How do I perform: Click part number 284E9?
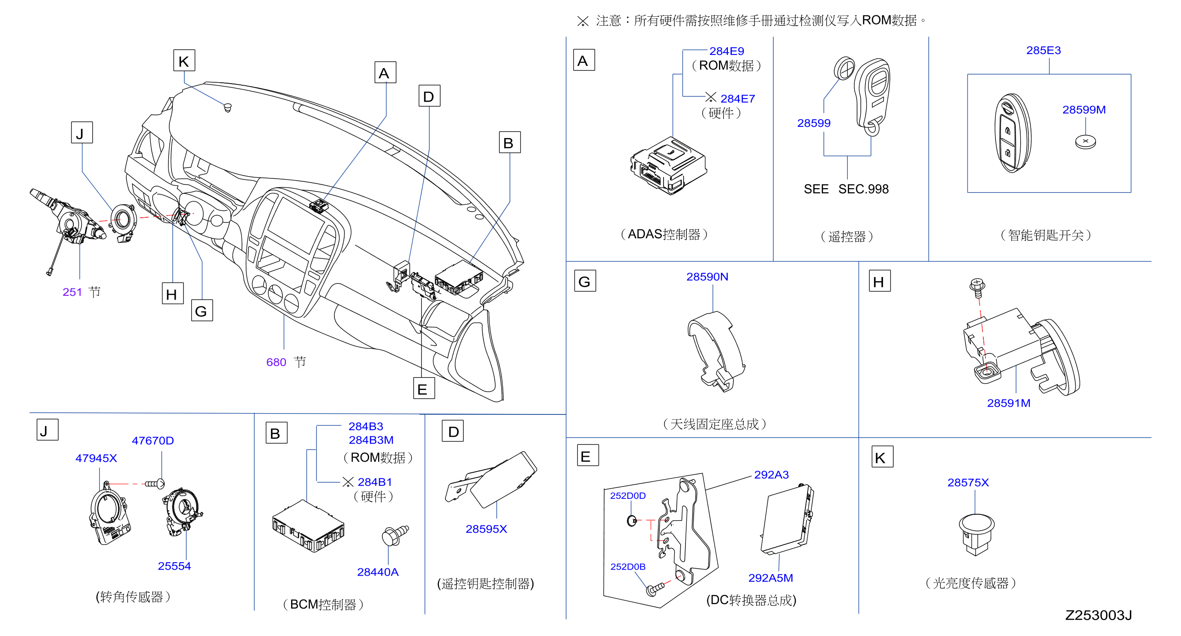[727, 51]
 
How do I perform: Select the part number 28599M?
[1084, 110]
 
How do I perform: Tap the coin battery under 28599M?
[1085, 141]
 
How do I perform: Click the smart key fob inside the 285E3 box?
[1013, 133]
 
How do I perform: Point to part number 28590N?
[707, 277]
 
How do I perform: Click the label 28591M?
[1009, 403]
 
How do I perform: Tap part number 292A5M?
[771, 578]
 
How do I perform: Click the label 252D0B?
[628, 567]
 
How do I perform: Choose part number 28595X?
[487, 529]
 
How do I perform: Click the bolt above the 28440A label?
[395, 535]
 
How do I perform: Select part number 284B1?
[375, 482]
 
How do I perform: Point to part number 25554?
[174, 566]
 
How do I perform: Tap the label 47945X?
[96, 458]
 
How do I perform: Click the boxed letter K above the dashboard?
[184, 60]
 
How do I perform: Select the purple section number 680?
[276, 362]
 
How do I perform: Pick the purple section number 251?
[72, 292]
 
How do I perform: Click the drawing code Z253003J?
[1098, 615]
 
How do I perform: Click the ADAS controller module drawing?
[668, 166]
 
